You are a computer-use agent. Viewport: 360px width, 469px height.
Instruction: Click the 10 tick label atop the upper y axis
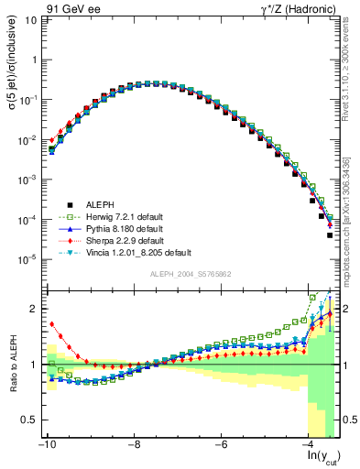point(31,18)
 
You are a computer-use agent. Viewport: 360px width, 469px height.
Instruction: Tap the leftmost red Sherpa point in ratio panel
point(52,323)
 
